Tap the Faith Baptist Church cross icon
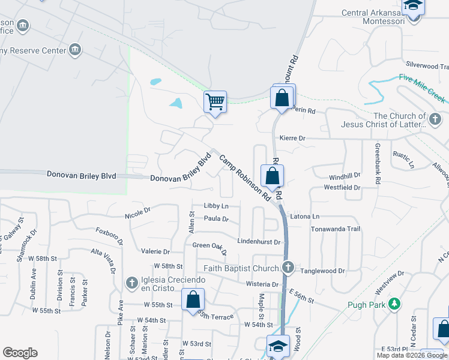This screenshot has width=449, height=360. point(288,268)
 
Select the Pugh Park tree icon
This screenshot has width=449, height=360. point(394,304)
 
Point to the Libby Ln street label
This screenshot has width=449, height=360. point(216,206)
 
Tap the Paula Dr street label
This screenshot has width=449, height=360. point(216,219)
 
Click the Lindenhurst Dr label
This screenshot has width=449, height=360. point(259,242)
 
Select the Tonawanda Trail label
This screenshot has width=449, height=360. point(335,229)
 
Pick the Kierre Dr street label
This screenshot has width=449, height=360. point(294,138)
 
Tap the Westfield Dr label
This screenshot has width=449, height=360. point(342,188)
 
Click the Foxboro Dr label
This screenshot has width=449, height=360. point(109,234)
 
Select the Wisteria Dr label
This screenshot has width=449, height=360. point(263,284)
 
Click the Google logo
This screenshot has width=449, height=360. point(20,353)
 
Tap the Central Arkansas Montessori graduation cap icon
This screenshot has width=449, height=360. point(413,7)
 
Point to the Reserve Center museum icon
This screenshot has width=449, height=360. point(76,49)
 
